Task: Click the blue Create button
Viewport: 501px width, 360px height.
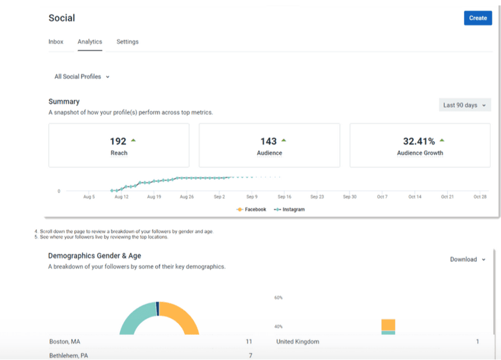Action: click(477, 18)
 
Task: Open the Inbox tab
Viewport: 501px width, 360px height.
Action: click(56, 42)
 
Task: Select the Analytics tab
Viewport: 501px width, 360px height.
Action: click(89, 42)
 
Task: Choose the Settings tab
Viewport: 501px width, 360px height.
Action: click(127, 42)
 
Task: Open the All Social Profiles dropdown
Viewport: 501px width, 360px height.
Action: click(81, 77)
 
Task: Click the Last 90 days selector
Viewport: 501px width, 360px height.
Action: click(464, 105)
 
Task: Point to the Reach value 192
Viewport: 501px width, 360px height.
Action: click(118, 141)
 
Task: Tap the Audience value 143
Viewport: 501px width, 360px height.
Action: click(268, 141)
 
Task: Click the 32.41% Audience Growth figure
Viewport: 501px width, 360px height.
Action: click(419, 141)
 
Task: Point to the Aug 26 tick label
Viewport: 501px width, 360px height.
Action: click(187, 197)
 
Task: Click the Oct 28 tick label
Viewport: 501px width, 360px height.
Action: click(480, 197)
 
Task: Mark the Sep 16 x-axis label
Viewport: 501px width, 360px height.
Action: click(284, 197)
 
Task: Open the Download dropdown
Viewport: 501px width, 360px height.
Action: click(467, 259)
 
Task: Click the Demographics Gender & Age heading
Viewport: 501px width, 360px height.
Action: click(95, 256)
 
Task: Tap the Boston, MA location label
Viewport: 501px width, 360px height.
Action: click(65, 342)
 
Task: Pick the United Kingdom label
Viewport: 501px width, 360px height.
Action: click(298, 342)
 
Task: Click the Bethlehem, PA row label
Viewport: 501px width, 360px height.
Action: click(69, 355)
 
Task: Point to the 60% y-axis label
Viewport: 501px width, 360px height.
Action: click(278, 297)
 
